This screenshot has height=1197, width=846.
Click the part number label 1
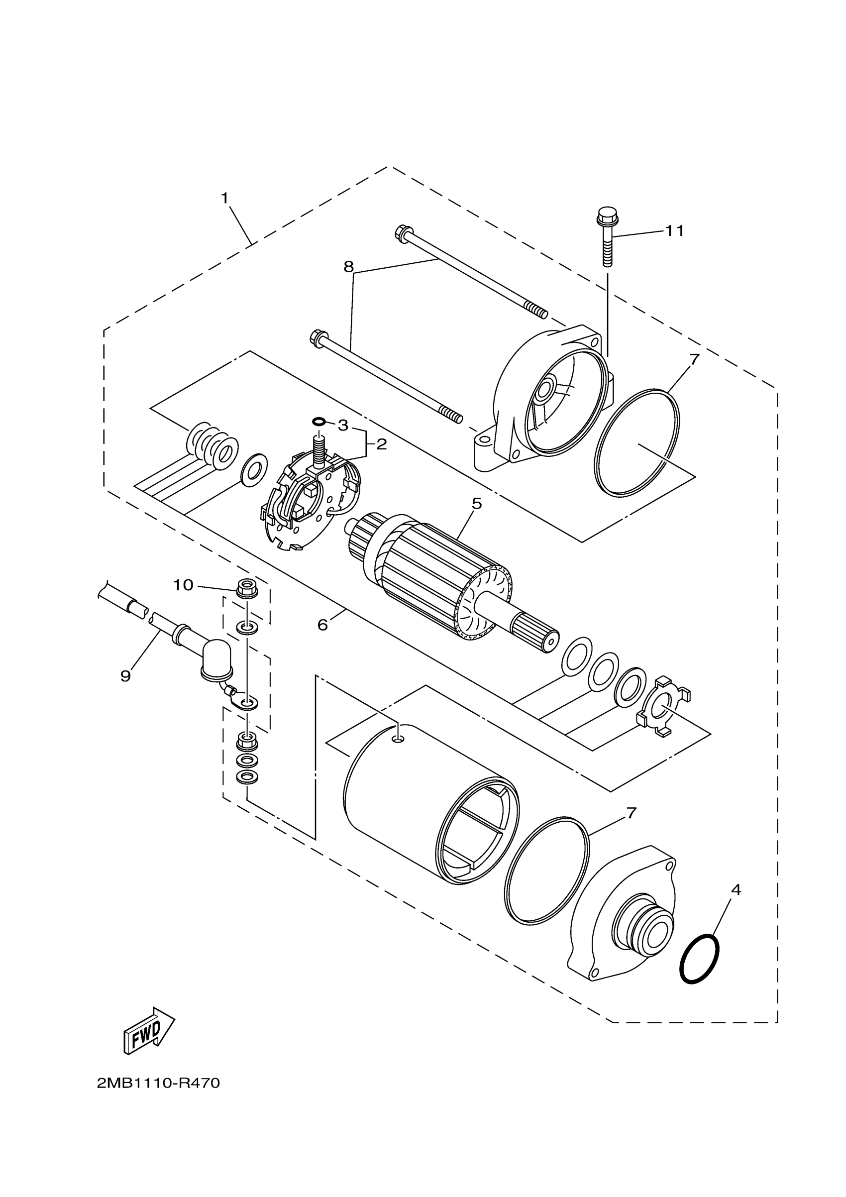(x=224, y=198)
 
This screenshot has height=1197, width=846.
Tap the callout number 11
(x=674, y=230)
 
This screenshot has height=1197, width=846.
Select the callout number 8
(x=348, y=267)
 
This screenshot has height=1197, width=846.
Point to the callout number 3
(x=342, y=426)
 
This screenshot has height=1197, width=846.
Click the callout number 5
(x=476, y=504)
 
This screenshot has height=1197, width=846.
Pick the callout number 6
(x=322, y=624)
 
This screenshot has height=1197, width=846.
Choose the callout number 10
(x=183, y=585)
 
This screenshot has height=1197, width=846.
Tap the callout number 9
(x=125, y=676)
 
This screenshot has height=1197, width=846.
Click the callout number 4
(x=736, y=890)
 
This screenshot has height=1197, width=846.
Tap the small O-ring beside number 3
(x=319, y=421)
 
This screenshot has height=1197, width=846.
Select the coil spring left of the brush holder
(x=212, y=443)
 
